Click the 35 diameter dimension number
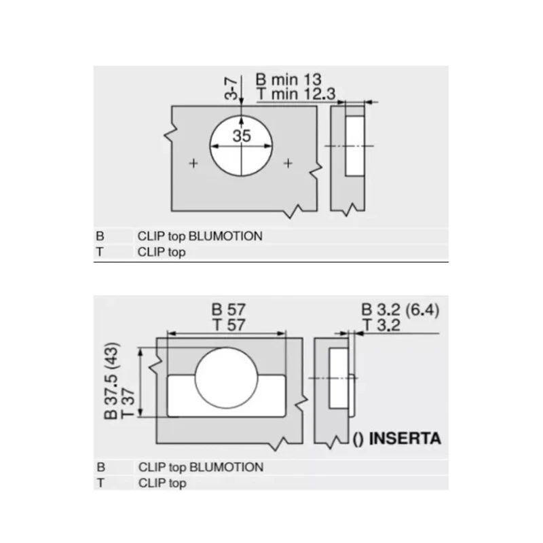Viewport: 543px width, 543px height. click(x=242, y=136)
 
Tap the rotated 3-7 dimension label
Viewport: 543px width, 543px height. click(x=231, y=89)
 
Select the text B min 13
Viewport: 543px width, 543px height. click(x=288, y=79)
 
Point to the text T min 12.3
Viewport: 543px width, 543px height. click(x=296, y=94)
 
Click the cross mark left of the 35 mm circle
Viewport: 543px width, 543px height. click(x=193, y=163)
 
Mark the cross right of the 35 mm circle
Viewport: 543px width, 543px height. click(x=288, y=163)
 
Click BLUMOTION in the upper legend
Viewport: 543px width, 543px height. click(x=225, y=236)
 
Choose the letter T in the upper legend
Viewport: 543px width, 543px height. click(x=100, y=252)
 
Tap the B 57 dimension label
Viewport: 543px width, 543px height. click(x=229, y=310)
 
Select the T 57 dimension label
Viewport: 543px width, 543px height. click(x=229, y=325)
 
